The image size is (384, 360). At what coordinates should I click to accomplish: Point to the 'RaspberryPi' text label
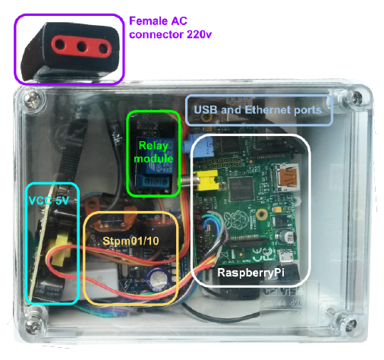point(250,271)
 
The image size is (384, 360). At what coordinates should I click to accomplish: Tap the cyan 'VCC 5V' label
point(49,203)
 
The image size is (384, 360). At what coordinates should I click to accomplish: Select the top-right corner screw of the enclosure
point(355,98)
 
